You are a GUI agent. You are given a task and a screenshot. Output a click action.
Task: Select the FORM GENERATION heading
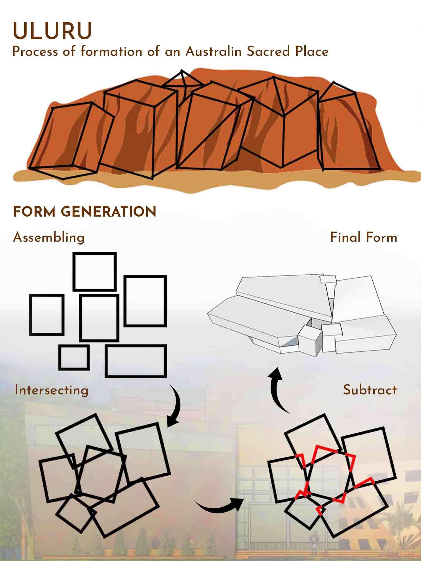pos(85,212)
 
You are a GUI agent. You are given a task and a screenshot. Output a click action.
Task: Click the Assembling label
pos(49,238)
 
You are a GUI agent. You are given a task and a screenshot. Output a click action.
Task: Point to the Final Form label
pos(363,238)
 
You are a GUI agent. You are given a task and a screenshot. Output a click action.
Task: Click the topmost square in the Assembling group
pos(95,272)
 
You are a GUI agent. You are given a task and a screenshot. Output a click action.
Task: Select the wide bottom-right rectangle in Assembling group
pos(136,361)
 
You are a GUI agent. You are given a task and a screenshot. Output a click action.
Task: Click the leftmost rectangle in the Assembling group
pos(47,315)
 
